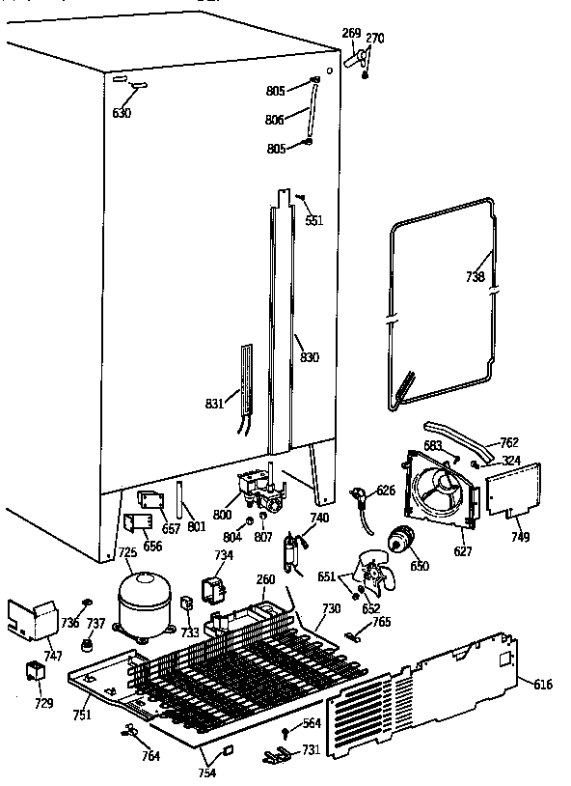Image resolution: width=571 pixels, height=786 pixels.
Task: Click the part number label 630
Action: click(122, 113)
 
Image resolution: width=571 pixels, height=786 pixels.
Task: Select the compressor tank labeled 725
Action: click(140, 604)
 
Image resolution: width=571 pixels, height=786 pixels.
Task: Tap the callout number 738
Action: click(476, 276)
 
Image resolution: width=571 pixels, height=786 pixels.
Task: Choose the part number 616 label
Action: click(543, 684)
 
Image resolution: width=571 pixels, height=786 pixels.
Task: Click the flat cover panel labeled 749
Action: click(512, 491)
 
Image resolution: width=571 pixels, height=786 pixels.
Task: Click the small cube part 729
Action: click(35, 672)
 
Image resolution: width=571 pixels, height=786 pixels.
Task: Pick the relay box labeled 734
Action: click(211, 587)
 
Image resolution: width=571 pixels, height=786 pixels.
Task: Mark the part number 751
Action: click(83, 715)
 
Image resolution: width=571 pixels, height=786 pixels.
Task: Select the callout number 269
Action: click(351, 33)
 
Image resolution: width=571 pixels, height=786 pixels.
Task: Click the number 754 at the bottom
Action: click(207, 772)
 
